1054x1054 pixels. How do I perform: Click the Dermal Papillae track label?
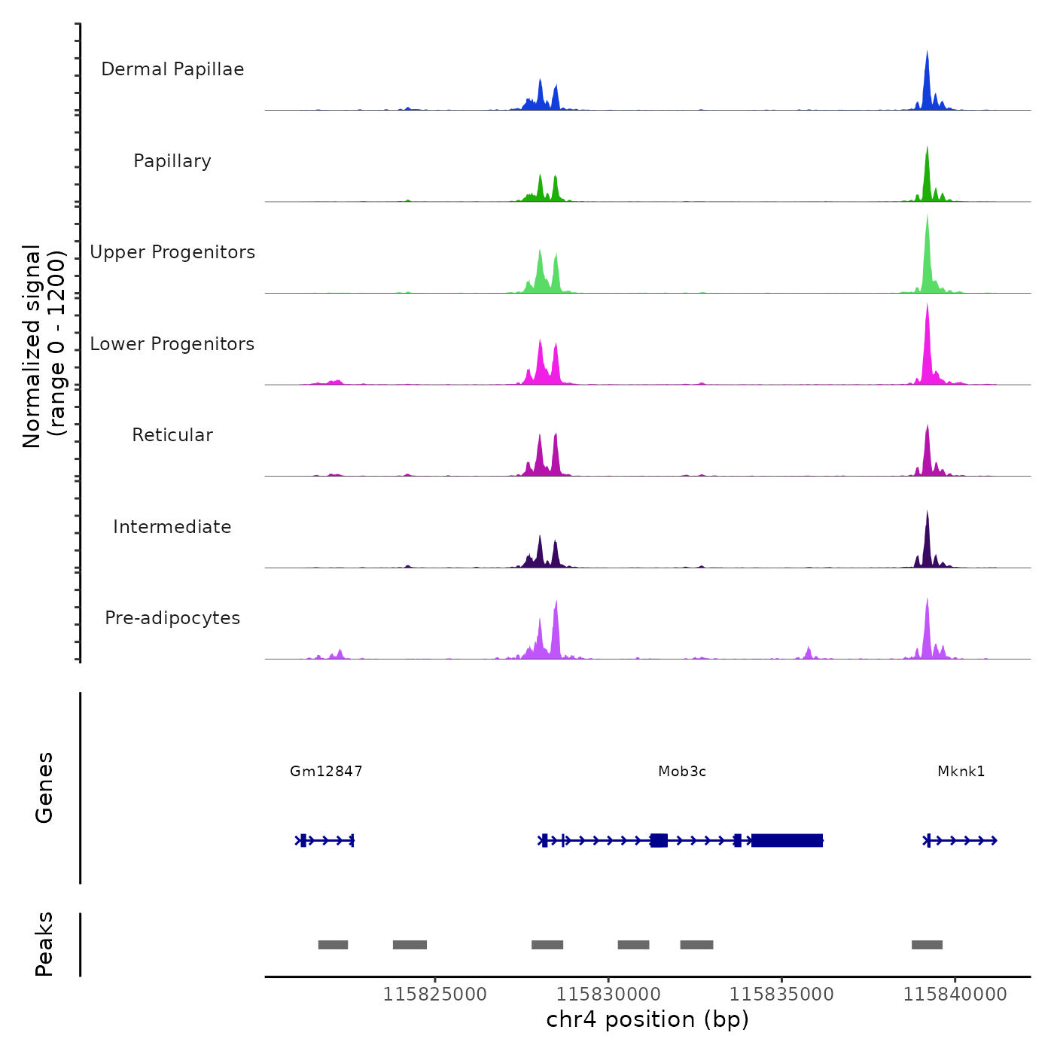pos(172,69)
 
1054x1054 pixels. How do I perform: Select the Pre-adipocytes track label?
pos(172,618)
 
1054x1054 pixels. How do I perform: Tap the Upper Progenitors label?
pos(172,252)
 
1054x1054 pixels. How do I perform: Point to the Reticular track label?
pos(172,435)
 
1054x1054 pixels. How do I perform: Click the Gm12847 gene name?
pos(326,771)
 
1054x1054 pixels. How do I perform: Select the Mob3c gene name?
pos(682,771)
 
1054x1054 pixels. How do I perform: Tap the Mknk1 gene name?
pos(961,771)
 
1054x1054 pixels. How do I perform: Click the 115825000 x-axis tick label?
pos(434,995)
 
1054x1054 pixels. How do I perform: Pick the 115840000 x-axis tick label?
pos(955,995)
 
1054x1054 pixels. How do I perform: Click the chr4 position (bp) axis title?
pos(647,1019)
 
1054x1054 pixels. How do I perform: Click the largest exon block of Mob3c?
pos(787,840)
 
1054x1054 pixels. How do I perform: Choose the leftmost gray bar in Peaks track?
pos(333,945)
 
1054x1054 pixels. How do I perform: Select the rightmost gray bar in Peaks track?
pos(927,945)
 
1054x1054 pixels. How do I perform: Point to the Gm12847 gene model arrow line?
pos(325,840)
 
